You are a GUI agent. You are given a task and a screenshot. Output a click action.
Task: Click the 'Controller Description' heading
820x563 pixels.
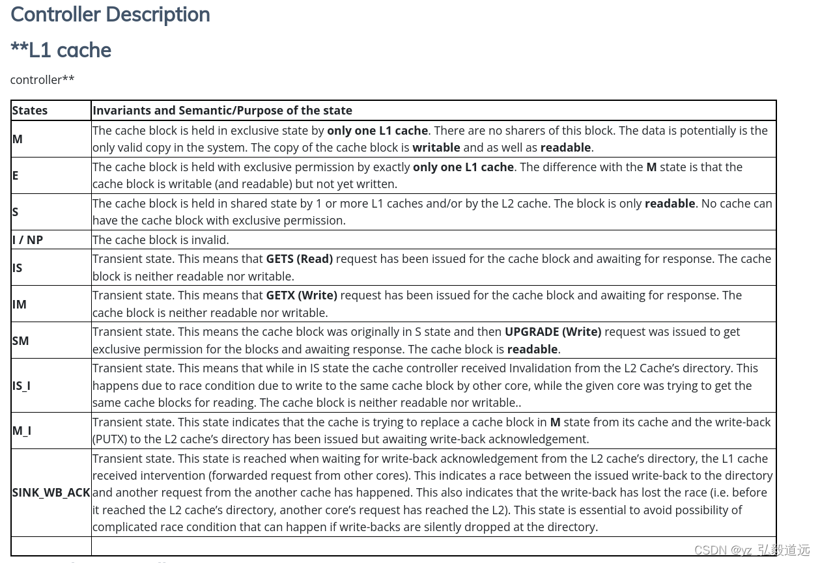(110, 14)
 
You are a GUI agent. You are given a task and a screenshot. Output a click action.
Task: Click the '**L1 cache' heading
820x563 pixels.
(61, 50)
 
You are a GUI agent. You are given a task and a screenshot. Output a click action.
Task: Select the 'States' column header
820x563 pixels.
(30, 111)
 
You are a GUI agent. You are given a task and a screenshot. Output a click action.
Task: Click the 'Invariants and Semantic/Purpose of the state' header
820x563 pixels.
(222, 111)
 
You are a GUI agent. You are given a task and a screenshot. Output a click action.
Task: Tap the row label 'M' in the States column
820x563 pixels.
(18, 139)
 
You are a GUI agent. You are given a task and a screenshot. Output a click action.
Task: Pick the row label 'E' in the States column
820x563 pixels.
(16, 175)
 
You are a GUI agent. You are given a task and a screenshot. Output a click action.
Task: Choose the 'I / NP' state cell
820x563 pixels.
(27, 240)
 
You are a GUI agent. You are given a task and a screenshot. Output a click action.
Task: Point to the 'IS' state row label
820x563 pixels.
(18, 268)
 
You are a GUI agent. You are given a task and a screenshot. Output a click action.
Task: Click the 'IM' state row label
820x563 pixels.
(20, 304)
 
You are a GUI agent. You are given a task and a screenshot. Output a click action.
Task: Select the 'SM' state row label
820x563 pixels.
(21, 340)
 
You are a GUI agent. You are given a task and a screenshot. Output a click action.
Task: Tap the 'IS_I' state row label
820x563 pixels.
(21, 385)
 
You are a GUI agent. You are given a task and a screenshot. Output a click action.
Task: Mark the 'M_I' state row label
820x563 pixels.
(21, 430)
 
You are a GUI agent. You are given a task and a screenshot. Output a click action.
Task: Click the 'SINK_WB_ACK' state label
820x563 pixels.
(51, 493)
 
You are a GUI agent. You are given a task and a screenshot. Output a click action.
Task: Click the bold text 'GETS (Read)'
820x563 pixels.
(300, 259)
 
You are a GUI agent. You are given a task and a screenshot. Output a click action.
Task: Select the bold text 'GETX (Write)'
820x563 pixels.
(302, 295)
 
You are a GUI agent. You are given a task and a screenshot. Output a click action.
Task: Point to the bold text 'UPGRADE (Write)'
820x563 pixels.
(553, 332)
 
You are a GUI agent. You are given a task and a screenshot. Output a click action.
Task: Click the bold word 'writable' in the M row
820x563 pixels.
(436, 148)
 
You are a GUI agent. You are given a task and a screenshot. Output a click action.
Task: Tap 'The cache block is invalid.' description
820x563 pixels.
(161, 240)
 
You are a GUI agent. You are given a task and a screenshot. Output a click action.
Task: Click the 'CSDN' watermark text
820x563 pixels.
(710, 550)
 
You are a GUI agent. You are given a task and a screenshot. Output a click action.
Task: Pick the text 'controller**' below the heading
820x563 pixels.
(42, 79)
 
